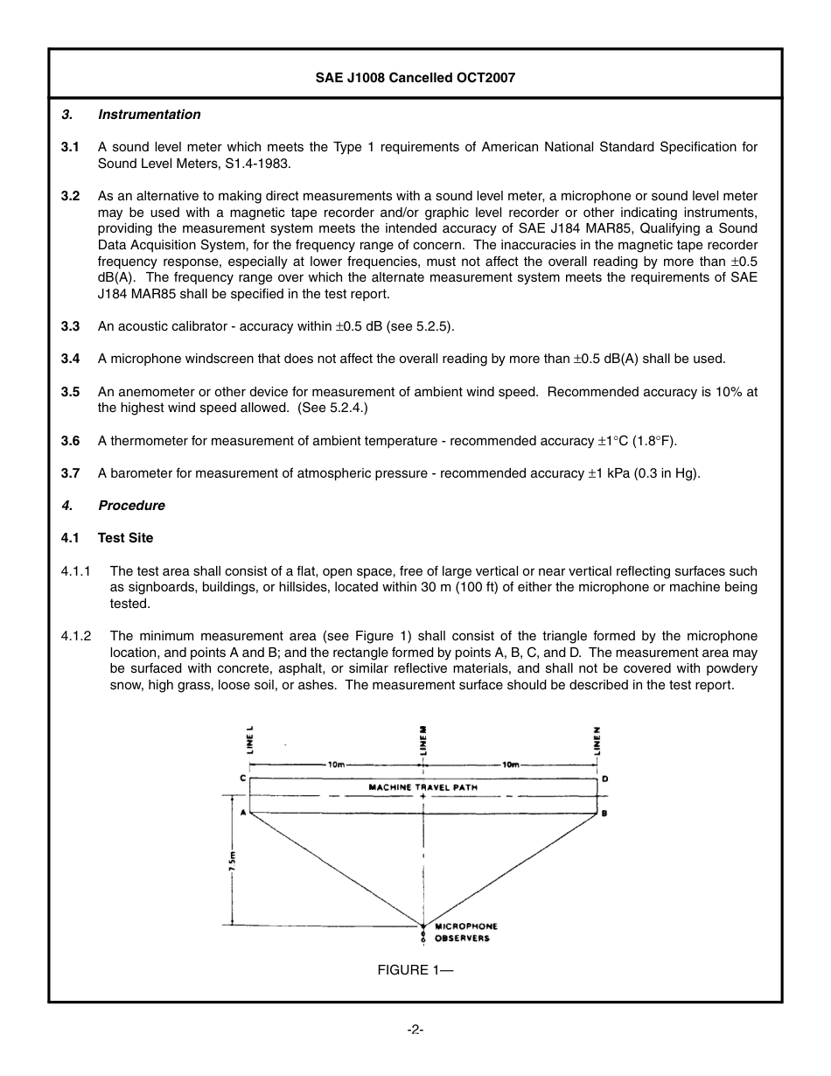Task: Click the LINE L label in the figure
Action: coord(250,739)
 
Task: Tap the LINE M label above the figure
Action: coord(424,739)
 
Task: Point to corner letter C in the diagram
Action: coord(242,778)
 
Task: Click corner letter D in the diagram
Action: coord(605,779)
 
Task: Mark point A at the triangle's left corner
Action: coord(242,813)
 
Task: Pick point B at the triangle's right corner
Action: coord(605,814)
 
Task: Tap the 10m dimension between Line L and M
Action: coord(336,765)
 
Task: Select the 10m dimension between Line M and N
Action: coord(511,765)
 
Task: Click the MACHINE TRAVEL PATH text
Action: coord(423,787)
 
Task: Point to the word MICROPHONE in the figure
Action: coord(466,926)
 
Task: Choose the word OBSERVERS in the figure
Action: coord(462,939)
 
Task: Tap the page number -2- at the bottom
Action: coord(415,1030)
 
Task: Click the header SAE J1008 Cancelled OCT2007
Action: coord(415,77)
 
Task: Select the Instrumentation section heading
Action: coord(149,115)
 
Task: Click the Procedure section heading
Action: coord(131,506)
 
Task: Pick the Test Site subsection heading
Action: coord(125,538)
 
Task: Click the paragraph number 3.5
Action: coord(70,392)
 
